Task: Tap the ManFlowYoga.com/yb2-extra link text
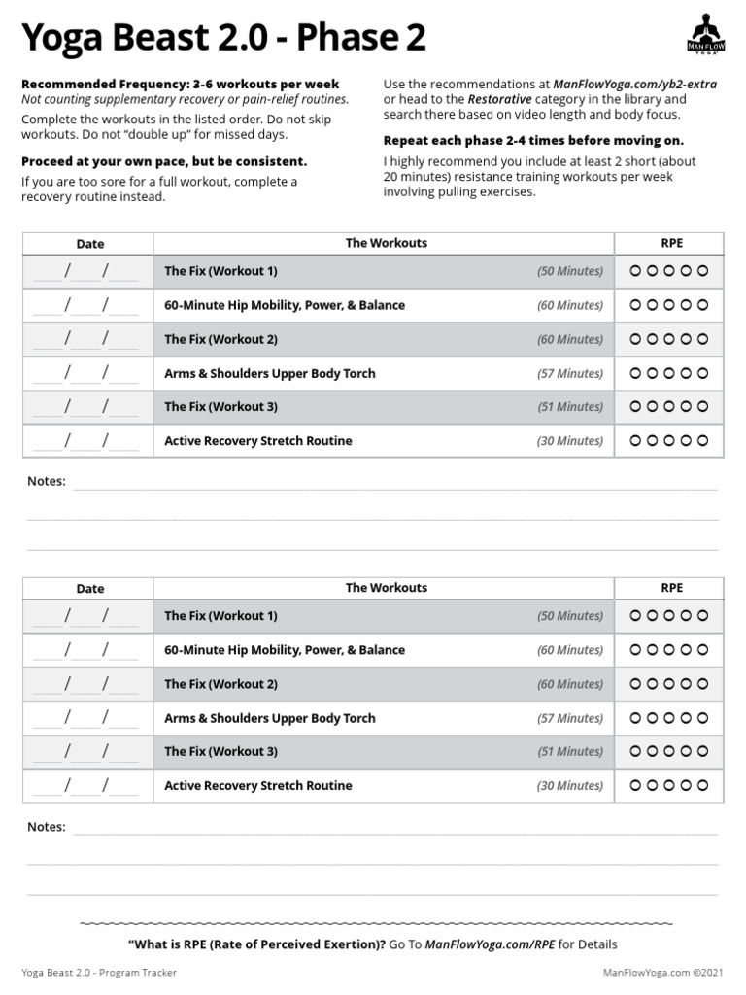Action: (634, 85)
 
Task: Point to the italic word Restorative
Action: (500, 99)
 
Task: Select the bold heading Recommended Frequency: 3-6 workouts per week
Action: (180, 85)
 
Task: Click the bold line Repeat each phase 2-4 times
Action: (533, 140)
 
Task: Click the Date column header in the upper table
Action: (89, 244)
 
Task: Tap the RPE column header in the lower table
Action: (671, 588)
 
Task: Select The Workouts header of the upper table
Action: (386, 243)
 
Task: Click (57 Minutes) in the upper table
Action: (570, 373)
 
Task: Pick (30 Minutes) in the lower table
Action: (570, 786)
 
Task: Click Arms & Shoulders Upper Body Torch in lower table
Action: (269, 718)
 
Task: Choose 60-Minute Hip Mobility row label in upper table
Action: (285, 305)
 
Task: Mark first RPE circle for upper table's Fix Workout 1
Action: (635, 271)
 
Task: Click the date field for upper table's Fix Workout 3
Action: (86, 407)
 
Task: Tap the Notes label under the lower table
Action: (47, 827)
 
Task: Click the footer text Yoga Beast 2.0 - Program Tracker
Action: (99, 972)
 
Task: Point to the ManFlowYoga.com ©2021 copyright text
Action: (663, 972)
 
